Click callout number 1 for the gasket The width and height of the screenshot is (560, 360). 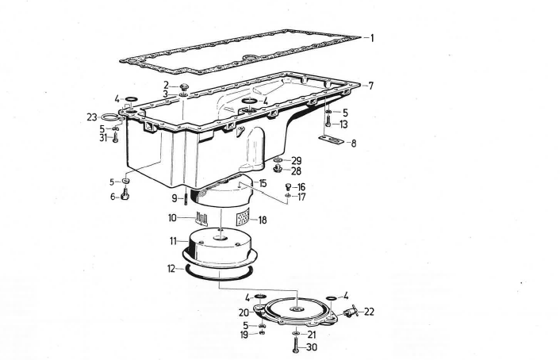click(x=372, y=38)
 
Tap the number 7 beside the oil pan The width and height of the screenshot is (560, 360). click(x=371, y=86)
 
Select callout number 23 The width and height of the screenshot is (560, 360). click(x=92, y=117)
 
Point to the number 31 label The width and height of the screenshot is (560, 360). click(x=104, y=137)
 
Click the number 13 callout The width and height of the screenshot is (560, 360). click(x=343, y=124)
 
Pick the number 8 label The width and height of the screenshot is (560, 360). click(x=354, y=144)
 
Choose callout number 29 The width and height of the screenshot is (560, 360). click(x=297, y=161)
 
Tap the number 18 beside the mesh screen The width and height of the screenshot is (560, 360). click(x=263, y=220)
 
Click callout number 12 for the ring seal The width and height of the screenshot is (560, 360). click(x=172, y=269)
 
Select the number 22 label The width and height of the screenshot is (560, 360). click(x=369, y=312)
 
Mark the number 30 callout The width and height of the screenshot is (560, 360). click(x=312, y=347)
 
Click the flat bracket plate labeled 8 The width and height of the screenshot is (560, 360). click(x=331, y=140)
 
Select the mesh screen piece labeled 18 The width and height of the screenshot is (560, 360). click(x=243, y=216)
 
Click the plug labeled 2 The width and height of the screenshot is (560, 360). click(x=184, y=86)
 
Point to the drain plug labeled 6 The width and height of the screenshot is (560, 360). click(x=125, y=194)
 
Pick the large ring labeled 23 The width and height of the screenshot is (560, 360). click(x=110, y=117)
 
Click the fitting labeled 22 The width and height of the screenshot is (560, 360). click(x=351, y=312)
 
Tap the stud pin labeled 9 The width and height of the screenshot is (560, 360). click(x=186, y=199)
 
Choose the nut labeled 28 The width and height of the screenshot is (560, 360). click(x=277, y=169)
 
